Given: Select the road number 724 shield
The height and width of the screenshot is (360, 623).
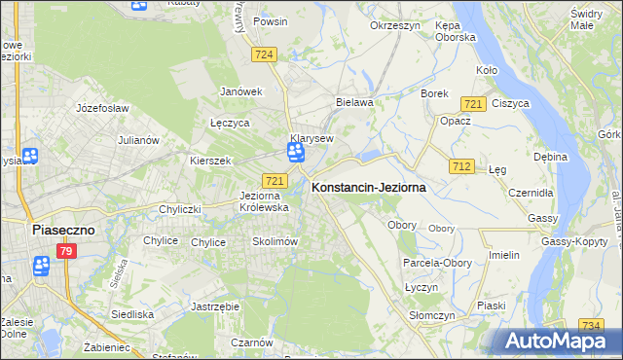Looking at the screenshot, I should pyautogui.click(x=263, y=55).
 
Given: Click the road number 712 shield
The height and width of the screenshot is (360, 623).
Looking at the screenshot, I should pyautogui.click(x=461, y=167).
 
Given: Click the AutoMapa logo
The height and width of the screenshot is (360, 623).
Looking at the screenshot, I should pyautogui.click(x=559, y=342).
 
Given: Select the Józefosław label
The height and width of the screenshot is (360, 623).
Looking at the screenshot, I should pyautogui.click(x=102, y=108).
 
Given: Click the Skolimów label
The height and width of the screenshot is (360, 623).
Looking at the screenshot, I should pyautogui.click(x=274, y=241).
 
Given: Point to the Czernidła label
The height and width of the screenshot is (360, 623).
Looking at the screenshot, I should pyautogui.click(x=531, y=193).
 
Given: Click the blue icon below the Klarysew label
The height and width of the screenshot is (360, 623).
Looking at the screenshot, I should pyautogui.click(x=295, y=153).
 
